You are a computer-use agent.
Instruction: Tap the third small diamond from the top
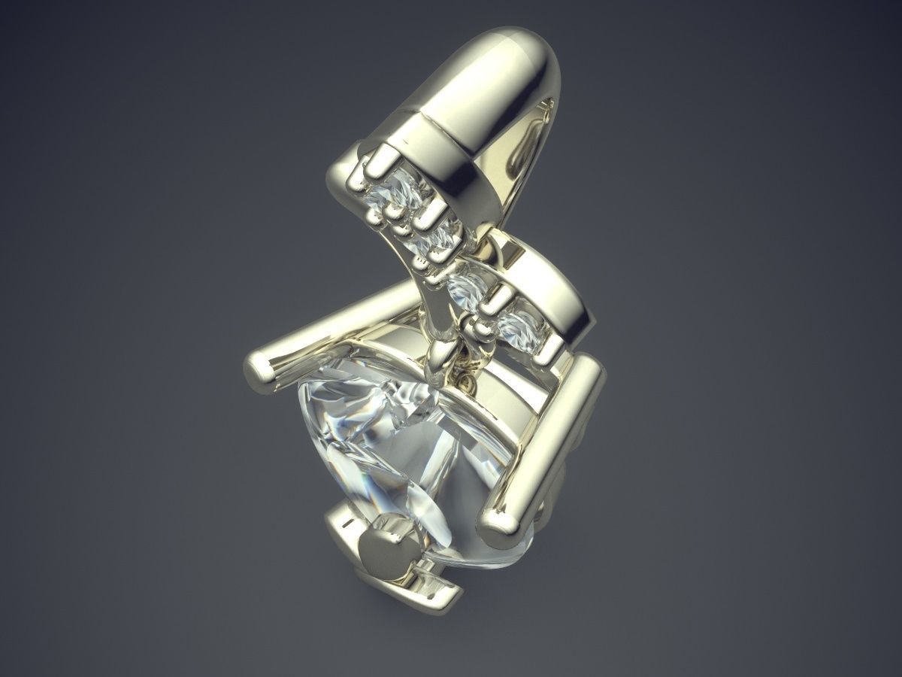(468, 288)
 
